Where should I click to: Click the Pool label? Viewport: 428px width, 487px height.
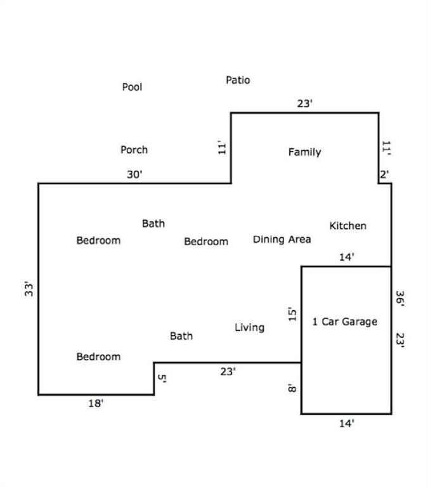[x=132, y=87]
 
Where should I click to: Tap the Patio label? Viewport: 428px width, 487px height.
[x=238, y=80]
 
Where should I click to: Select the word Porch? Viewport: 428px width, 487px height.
[x=134, y=150]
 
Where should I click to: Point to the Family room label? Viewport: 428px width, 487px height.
[x=305, y=152]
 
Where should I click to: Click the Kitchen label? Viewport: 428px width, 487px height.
[x=348, y=226]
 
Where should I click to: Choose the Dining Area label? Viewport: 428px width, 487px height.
[x=282, y=240]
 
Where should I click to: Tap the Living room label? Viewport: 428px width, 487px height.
[x=250, y=328]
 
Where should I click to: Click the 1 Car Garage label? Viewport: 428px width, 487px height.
[x=345, y=321]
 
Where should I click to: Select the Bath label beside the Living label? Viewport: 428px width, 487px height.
[x=181, y=335]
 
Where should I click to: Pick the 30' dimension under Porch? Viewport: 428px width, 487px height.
[x=134, y=174]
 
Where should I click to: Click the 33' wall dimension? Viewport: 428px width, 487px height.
[x=29, y=289]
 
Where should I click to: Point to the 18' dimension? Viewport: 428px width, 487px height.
[x=96, y=403]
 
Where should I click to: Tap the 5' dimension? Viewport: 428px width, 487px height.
[x=162, y=379]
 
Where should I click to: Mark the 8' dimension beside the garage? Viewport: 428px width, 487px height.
[x=292, y=388]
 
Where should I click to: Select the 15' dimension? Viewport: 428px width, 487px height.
[x=292, y=314]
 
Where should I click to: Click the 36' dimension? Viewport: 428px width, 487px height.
[x=399, y=299]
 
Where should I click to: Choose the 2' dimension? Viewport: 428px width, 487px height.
[x=384, y=174]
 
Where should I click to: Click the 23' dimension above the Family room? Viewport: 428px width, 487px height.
[x=305, y=103]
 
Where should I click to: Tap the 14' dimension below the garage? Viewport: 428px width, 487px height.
[x=347, y=424]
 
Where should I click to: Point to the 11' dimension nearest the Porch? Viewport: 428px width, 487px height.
[x=222, y=147]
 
